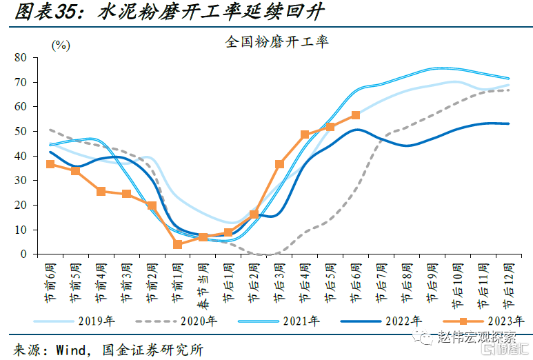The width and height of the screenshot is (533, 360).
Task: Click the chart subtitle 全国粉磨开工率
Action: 276,41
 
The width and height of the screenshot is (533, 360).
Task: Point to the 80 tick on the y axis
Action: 21,58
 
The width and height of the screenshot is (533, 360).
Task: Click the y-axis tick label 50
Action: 21,132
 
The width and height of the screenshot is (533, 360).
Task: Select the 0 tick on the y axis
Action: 23,254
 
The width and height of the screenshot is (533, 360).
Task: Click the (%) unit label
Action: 61,45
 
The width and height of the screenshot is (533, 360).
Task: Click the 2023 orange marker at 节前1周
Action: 177,244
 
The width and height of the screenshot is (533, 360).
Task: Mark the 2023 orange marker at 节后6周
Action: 355,115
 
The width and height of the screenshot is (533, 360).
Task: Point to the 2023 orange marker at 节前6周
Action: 50,164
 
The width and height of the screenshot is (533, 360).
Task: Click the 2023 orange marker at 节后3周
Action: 279,164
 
